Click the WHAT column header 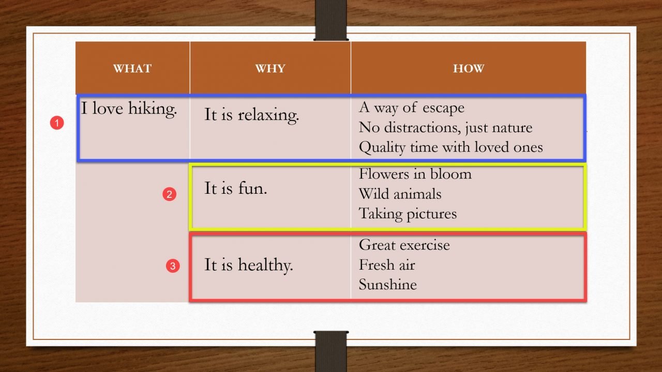coord(132,69)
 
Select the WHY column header coord(270,69)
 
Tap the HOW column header coord(469,69)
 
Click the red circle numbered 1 coord(57,123)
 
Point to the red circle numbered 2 coord(170,194)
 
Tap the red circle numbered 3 coord(173,266)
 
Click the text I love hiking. coord(129,109)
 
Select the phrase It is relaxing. coord(251,114)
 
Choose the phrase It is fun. coord(235,188)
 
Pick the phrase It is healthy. coord(248,265)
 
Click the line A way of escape coord(411,107)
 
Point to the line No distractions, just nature coord(445,127)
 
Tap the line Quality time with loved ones coord(450,147)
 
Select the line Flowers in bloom coord(415,174)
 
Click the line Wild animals coord(400,194)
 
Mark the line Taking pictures coord(408,213)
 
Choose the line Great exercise coord(404,244)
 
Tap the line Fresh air coord(386,265)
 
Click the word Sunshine coord(387,284)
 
